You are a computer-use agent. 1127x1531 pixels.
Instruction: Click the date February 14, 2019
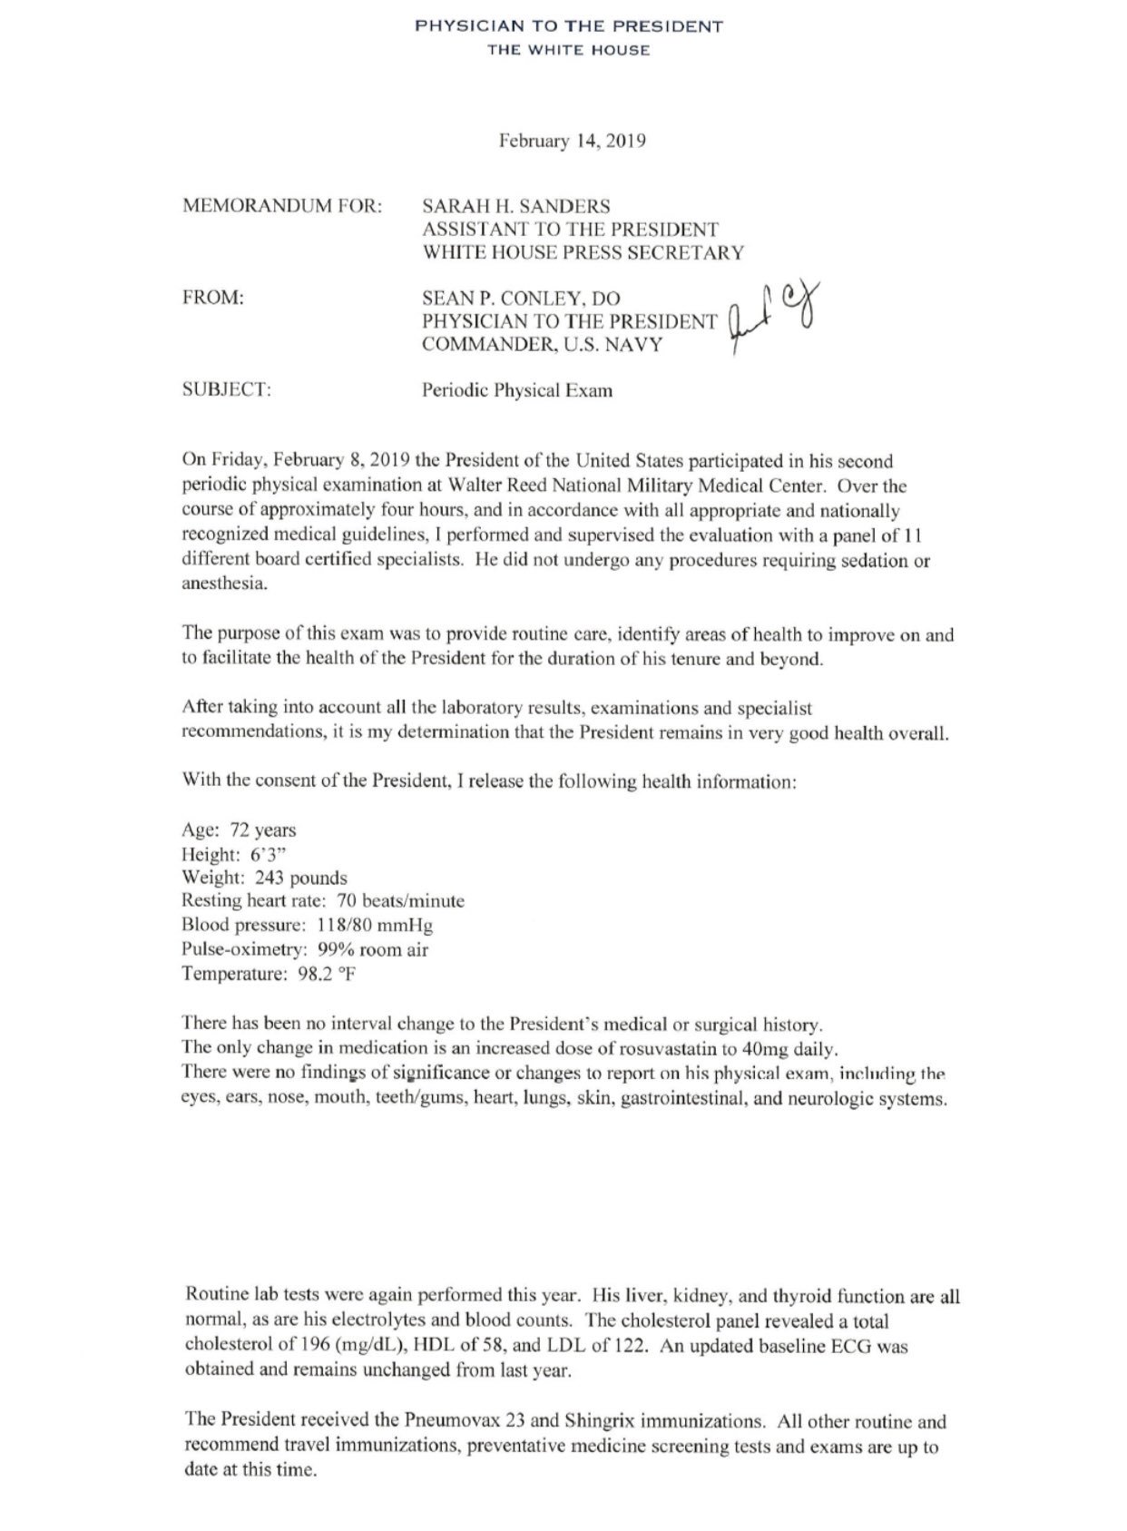tap(572, 142)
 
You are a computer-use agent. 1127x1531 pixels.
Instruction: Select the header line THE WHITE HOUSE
tap(569, 50)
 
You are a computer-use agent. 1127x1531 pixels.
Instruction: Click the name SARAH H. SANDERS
tap(515, 206)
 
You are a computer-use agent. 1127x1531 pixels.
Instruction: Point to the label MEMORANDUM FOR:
tap(282, 206)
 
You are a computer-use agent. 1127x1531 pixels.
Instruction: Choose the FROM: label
tap(213, 298)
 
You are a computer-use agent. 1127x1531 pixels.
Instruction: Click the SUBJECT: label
tap(227, 390)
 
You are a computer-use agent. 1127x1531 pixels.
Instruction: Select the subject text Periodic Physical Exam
tap(516, 391)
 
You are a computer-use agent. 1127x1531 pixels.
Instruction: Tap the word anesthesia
tap(224, 584)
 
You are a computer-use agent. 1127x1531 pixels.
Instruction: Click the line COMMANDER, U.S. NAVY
tap(542, 345)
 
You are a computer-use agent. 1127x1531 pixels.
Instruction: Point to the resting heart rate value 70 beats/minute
tap(400, 901)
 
